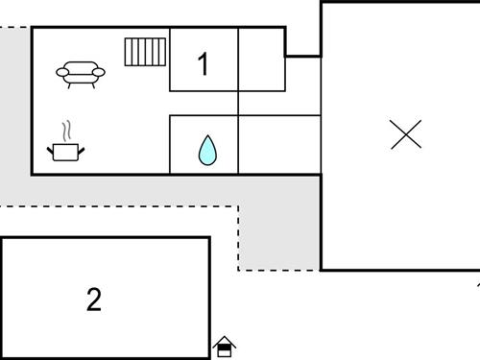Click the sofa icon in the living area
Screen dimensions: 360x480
point(81,73)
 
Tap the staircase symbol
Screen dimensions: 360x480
point(145,52)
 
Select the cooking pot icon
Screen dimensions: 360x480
point(66,151)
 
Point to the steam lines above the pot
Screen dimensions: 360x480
point(65,131)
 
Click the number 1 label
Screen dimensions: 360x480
point(203,64)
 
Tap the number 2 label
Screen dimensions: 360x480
point(93,300)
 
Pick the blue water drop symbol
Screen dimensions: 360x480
point(206,150)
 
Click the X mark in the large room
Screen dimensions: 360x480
point(407,133)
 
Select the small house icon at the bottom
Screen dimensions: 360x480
point(225,346)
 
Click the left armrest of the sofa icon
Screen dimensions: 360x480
point(61,72)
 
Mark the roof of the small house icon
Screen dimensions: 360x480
point(225,340)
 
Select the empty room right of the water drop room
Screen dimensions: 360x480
point(278,144)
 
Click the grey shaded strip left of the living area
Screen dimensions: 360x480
point(15,115)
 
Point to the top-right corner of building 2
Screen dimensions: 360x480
point(208,238)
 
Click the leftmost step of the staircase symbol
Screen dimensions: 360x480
point(129,52)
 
